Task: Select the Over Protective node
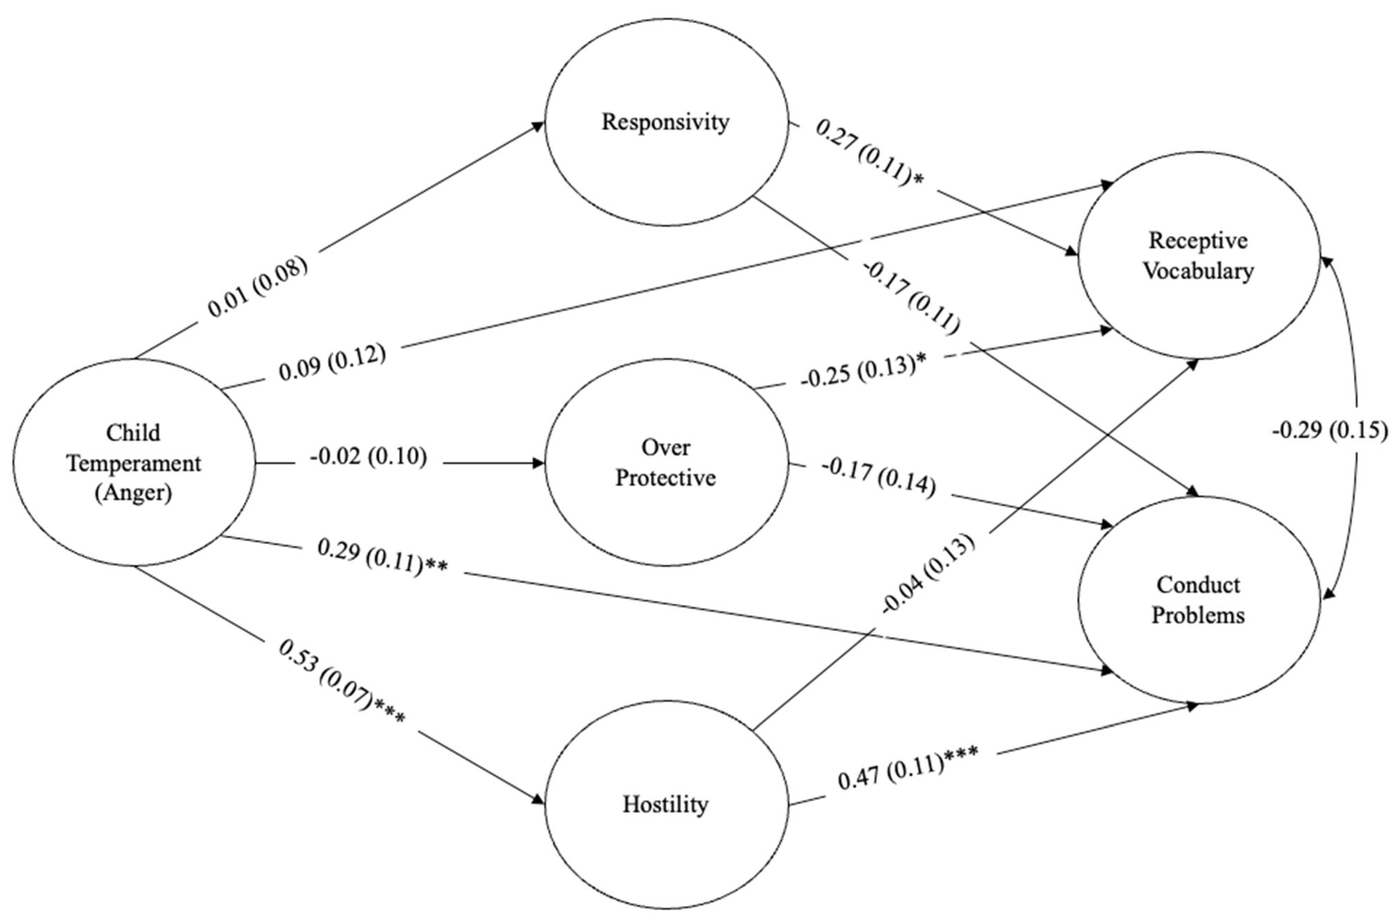[666, 463]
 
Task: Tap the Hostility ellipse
[666, 804]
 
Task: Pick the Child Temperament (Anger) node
[134, 463]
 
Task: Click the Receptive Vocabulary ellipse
[1198, 255]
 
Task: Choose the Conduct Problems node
[1198, 600]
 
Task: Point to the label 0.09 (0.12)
[332, 362]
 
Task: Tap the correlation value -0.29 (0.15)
[1330, 430]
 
